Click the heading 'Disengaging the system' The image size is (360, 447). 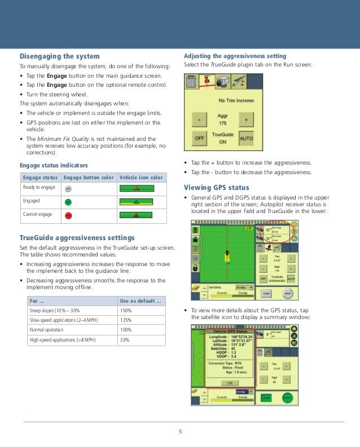tap(60, 56)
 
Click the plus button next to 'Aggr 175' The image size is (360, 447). tap(246, 119)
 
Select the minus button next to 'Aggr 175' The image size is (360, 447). tap(199, 119)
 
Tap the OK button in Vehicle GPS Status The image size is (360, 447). tap(229, 383)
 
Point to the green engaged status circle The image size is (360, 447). tap(68, 201)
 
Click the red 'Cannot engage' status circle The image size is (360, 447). tap(68, 215)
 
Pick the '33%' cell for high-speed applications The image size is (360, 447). tap(124, 340)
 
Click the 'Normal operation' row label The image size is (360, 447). tap(45, 330)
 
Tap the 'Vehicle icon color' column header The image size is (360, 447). tap(142, 178)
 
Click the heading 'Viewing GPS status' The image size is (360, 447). tap(216, 187)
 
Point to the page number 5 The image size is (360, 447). tap(181, 432)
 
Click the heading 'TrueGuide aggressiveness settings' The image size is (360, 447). tap(77, 237)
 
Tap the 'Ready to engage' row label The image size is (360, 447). tap(39, 187)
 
